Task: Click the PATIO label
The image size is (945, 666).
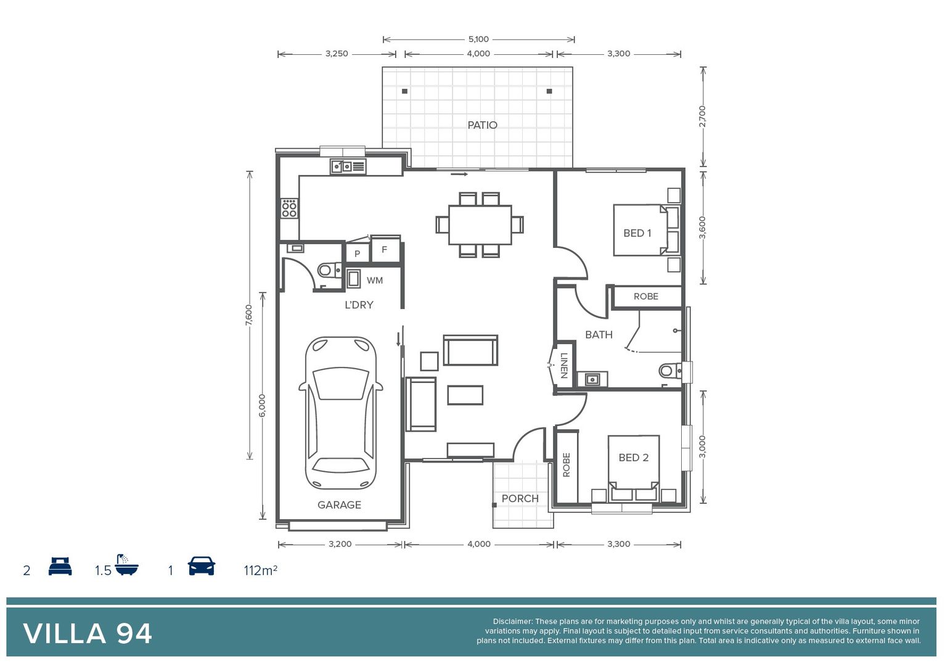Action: point(482,125)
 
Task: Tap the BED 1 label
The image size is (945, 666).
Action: point(637,233)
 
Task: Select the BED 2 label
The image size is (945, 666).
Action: point(633,458)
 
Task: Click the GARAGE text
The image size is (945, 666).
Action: point(339,505)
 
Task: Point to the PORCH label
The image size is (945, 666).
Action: point(520,498)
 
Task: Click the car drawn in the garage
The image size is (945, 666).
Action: point(341,413)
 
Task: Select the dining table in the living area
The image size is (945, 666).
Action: point(480,225)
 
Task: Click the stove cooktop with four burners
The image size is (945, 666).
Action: point(289,208)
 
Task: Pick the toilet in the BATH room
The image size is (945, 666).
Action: point(668,371)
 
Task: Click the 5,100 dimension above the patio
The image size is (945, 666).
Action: point(478,39)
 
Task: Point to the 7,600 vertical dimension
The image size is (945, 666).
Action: point(249,315)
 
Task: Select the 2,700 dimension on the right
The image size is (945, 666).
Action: point(702,117)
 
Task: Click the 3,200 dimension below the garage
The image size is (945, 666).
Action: point(340,544)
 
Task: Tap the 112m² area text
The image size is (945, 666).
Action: point(260,570)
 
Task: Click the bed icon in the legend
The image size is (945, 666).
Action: point(60,567)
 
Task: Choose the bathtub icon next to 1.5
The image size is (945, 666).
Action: point(126,565)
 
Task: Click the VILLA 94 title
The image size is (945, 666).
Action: point(88,634)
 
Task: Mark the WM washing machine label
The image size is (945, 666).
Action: point(374,281)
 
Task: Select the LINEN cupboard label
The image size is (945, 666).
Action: point(564,366)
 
